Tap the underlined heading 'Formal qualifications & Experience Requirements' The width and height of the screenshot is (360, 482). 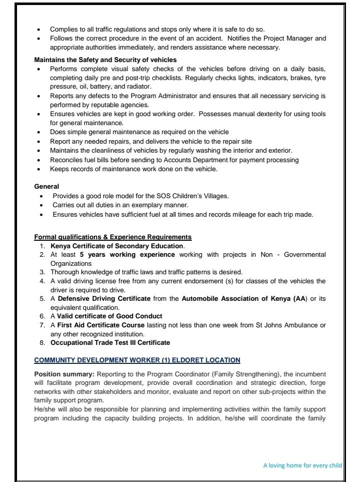[113, 237]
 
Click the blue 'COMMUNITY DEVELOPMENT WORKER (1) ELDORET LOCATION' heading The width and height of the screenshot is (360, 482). [137, 360]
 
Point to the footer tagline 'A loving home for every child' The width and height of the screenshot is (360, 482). [302, 465]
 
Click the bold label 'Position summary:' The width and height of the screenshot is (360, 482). [64, 374]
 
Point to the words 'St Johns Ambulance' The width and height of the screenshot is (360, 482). [292, 325]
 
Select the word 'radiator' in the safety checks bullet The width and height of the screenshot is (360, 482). [126, 86]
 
